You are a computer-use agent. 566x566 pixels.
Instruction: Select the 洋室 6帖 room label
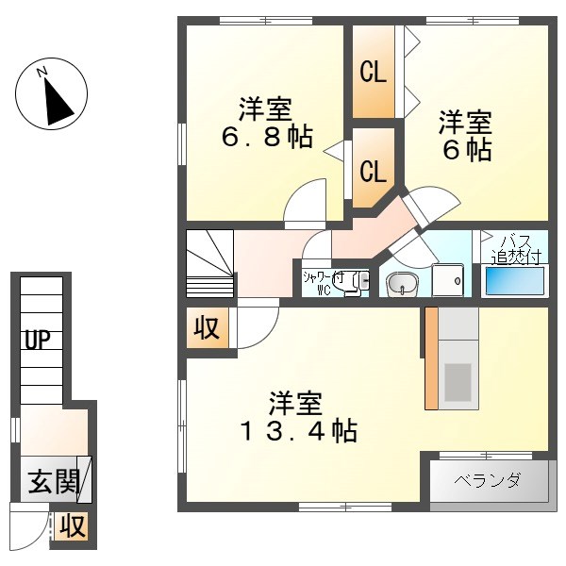pos(465,135)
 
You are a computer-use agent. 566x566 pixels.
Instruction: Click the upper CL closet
pos(374,73)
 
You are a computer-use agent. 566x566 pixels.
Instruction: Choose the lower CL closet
pos(374,171)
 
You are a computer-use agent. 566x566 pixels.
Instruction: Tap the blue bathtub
pos(514,280)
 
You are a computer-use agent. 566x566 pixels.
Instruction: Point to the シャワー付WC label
pos(323,282)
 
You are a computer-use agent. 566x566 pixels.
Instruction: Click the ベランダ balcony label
pos(487,481)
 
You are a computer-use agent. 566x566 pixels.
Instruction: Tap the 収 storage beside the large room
pos(207,328)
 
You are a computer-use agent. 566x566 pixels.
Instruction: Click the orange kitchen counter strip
pos(431,358)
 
